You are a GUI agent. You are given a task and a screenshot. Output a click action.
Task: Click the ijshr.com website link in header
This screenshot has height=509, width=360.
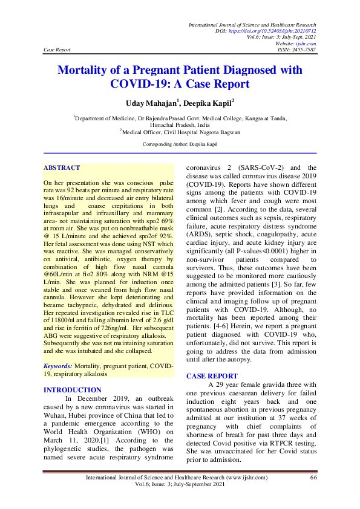point(306,43)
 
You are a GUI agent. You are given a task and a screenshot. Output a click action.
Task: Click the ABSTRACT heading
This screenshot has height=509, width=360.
point(62,167)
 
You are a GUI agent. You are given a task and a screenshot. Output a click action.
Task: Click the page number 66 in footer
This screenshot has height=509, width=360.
point(313,478)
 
